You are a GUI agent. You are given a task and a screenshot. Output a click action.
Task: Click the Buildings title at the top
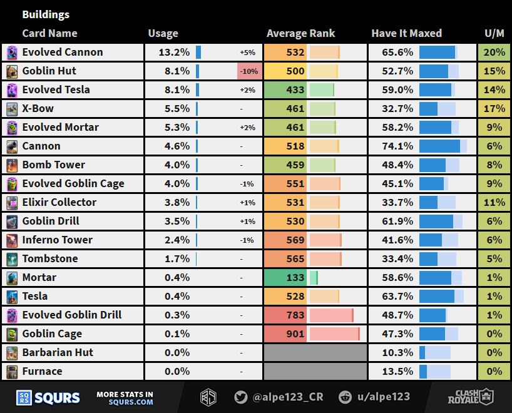coord(46,14)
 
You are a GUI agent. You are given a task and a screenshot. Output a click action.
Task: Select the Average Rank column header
coord(300,34)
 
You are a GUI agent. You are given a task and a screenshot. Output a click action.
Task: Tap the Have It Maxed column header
coord(406,34)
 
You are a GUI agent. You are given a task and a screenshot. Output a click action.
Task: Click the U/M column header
coord(494,34)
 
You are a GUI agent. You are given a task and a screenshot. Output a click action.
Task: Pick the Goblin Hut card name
coord(49,71)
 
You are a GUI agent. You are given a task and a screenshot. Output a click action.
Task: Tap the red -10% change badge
coord(249,71)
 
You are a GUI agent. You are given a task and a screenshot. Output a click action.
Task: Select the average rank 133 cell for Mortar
coord(295,277)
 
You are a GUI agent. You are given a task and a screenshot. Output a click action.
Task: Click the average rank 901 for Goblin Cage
coord(295,334)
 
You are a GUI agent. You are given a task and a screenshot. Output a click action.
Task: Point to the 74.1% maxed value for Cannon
coord(398,146)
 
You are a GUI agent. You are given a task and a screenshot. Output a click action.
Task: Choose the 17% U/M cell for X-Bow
coord(494,108)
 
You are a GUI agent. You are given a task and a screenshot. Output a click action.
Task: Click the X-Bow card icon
coord(12,109)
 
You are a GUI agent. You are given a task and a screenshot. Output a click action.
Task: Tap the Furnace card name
coord(42,371)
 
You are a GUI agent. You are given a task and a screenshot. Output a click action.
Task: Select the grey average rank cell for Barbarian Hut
coord(315,352)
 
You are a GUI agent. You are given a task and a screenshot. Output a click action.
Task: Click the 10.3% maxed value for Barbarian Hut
coord(398,352)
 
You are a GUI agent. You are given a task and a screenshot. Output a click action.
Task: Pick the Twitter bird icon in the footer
coord(240,397)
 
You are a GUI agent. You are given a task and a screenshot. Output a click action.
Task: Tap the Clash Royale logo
coord(470,397)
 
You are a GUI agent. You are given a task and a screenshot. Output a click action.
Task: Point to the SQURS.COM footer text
coord(134,402)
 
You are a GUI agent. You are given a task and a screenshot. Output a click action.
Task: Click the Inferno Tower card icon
coord(12,240)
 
